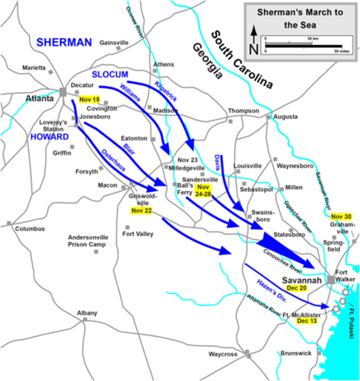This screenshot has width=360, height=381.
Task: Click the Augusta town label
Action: click(x=285, y=117)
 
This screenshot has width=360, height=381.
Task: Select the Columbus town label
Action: click(x=30, y=229)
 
